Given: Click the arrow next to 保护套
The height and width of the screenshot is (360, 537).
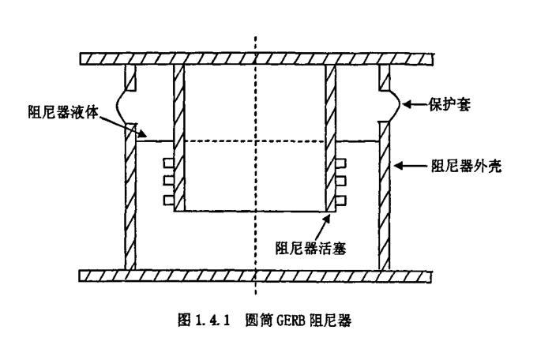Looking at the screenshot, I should [415, 104].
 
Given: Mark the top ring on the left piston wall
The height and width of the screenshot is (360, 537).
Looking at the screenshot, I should [167, 164].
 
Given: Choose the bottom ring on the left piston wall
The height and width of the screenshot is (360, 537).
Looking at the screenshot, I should [167, 198].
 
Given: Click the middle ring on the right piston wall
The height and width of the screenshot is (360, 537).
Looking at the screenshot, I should [342, 182].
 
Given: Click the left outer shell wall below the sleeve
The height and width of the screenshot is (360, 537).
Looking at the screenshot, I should [131, 197].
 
